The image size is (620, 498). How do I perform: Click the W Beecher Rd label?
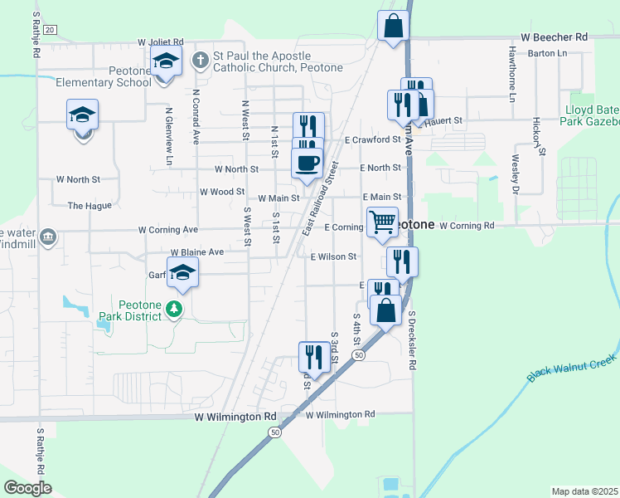[554, 37]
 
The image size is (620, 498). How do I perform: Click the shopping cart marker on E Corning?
[382, 222]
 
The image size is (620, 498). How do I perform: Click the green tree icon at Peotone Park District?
[174, 310]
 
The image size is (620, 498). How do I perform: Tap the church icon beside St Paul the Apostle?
[200, 60]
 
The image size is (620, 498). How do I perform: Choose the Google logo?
[27, 487]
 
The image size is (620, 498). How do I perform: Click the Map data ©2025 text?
[584, 491]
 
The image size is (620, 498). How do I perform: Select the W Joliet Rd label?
[161, 41]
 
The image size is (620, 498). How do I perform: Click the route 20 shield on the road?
[50, 30]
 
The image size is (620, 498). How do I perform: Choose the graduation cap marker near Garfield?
[182, 272]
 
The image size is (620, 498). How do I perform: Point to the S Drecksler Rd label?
[412, 341]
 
